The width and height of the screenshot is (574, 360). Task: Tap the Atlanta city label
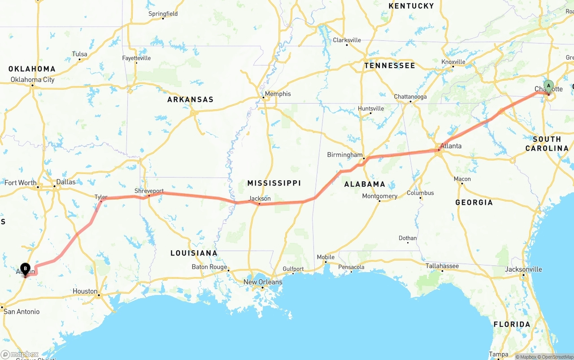pyautogui.click(x=451, y=146)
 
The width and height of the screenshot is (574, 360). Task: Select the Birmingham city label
pyautogui.click(x=344, y=155)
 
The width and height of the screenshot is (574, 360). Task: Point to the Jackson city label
pyautogui.click(x=260, y=198)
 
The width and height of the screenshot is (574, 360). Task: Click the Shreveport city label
pyautogui.click(x=149, y=191)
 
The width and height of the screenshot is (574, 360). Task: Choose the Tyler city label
pyautogui.click(x=101, y=197)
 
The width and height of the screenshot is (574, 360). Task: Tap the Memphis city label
pyautogui.click(x=278, y=94)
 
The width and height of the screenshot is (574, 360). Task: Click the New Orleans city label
pyautogui.click(x=263, y=282)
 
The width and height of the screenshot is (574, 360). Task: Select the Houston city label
pyautogui.click(x=85, y=291)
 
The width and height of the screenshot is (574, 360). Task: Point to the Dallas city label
pyautogui.click(x=66, y=182)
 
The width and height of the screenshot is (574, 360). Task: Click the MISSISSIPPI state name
pyautogui.click(x=274, y=183)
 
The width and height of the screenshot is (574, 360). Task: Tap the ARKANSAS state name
pyautogui.click(x=190, y=100)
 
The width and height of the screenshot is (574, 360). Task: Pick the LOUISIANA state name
pyautogui.click(x=194, y=253)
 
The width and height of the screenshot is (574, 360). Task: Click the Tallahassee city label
pyautogui.click(x=442, y=266)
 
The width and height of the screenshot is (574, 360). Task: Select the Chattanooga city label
pyautogui.click(x=410, y=97)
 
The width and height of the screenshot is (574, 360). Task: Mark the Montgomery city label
pyautogui.click(x=379, y=196)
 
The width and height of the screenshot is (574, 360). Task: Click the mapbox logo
pyautogui.click(x=20, y=354)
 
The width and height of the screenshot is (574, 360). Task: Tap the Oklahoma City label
pyautogui.click(x=33, y=80)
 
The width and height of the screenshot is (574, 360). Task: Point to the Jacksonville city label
pyautogui.click(x=523, y=269)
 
